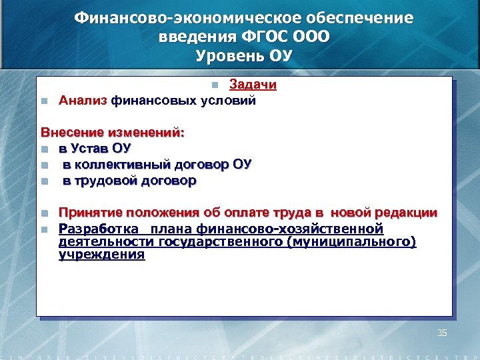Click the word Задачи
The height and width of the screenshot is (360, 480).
point(253,85)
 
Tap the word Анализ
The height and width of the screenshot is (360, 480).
point(83,101)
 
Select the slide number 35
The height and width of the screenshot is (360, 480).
point(441,332)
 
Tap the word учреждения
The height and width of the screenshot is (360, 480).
point(101,254)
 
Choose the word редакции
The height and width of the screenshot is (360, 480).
point(405,213)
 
